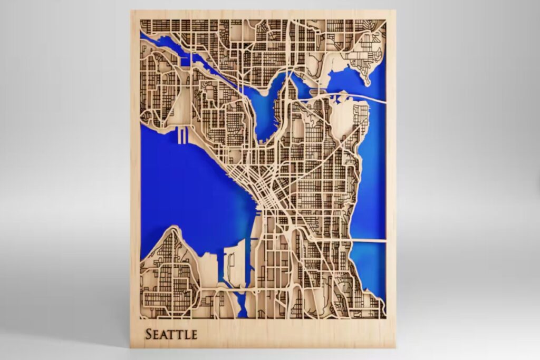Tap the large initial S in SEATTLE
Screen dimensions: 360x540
(149, 334)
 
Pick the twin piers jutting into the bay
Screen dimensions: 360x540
(182, 136)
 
